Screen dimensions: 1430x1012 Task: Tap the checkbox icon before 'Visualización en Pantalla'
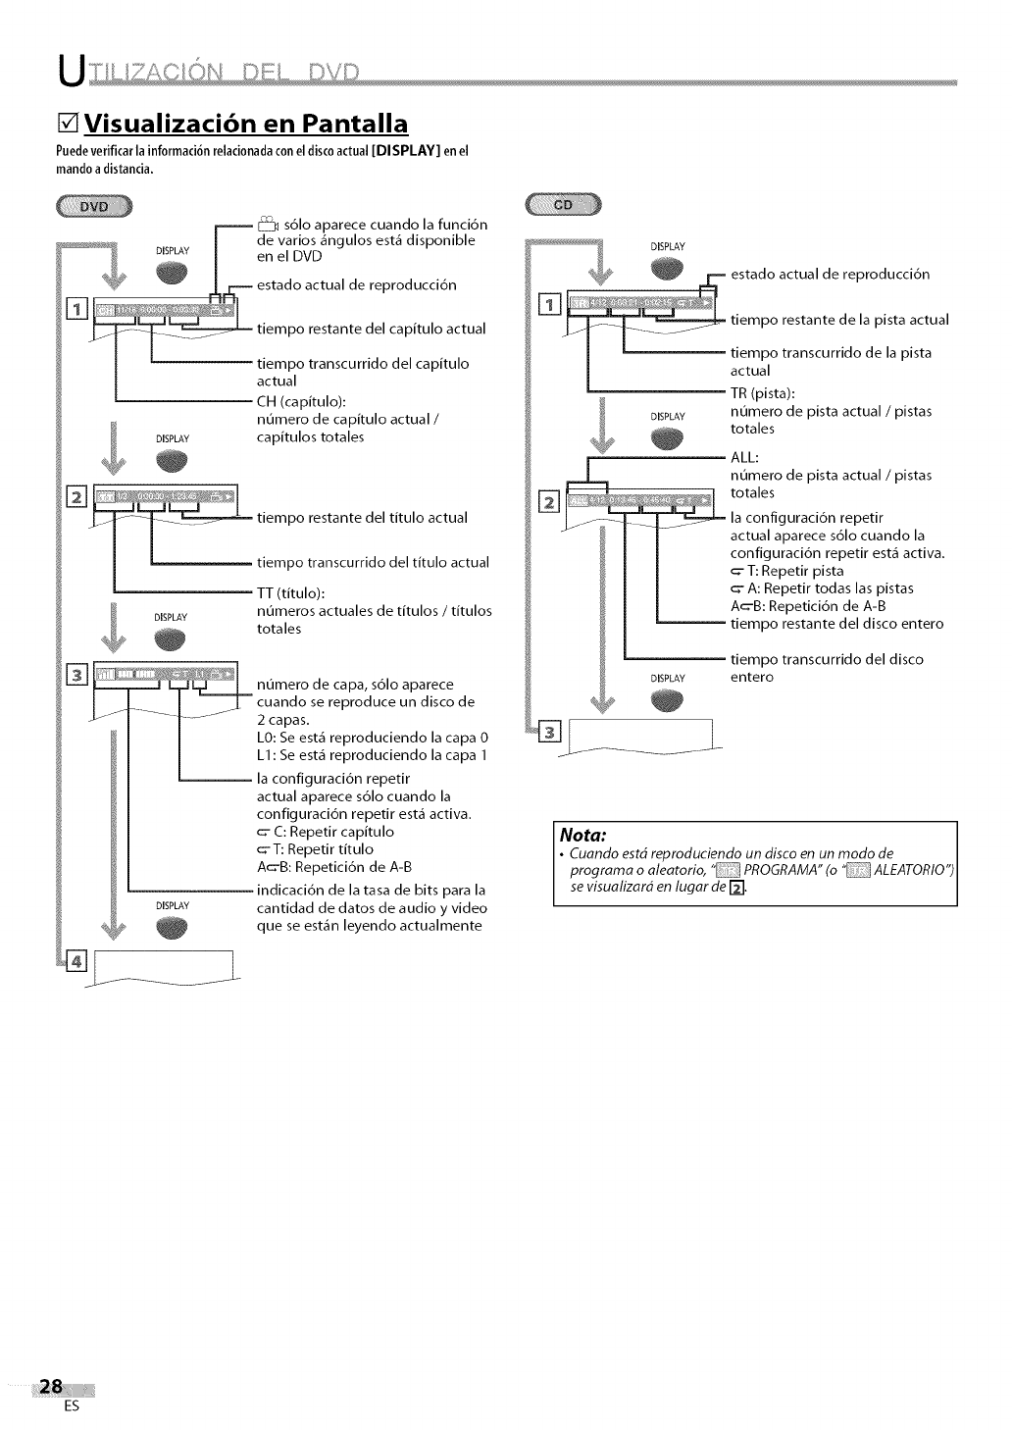(x=67, y=127)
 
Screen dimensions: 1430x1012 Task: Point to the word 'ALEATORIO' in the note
(x=913, y=870)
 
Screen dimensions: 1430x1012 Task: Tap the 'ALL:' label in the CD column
(x=745, y=457)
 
